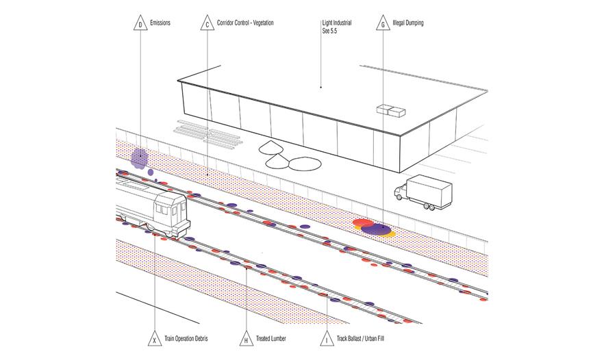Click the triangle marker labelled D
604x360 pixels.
[x=140, y=23]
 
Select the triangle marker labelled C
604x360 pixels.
[x=207, y=23]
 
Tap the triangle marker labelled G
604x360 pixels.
[x=383, y=23]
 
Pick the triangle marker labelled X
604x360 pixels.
[x=155, y=338]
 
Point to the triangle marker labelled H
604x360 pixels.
[x=246, y=338]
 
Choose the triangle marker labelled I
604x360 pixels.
[x=327, y=338]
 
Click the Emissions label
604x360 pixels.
[x=160, y=23]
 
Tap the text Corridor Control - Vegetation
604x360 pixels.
[x=245, y=23]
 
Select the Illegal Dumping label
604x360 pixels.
[x=408, y=23]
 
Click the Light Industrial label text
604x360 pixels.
[x=337, y=23]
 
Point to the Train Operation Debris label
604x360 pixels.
[x=186, y=338]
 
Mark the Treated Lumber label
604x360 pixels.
[x=271, y=338]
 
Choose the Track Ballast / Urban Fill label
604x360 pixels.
[x=360, y=338]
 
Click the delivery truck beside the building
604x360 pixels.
[x=423, y=192]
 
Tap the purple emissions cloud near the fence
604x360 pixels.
[x=140, y=159]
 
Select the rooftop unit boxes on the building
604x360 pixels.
[x=391, y=110]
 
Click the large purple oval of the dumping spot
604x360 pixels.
[x=377, y=229]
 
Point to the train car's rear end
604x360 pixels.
[x=172, y=214]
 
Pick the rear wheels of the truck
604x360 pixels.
[x=429, y=207]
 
